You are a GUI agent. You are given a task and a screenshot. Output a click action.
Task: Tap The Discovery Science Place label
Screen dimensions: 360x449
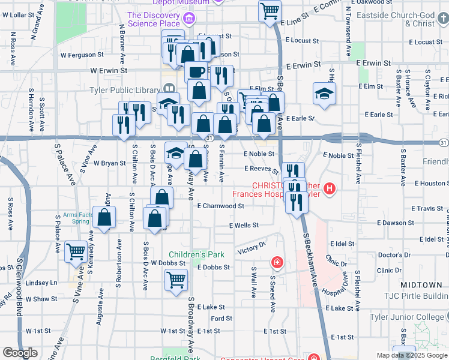click(154, 19)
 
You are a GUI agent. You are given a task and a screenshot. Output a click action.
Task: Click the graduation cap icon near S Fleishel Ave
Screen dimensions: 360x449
click(324, 94)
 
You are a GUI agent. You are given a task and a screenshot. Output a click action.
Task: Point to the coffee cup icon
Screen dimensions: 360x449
click(195, 71)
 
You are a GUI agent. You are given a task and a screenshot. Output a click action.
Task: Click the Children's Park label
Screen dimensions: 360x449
click(196, 254)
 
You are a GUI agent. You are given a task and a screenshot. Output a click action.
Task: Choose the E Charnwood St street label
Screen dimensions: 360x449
click(220, 206)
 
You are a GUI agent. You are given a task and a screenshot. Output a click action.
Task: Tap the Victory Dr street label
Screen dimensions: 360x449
click(252, 247)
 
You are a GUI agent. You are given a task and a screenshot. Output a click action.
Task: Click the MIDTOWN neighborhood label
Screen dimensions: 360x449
click(425, 284)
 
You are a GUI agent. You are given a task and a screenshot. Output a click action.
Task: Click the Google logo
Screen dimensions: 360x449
click(20, 353)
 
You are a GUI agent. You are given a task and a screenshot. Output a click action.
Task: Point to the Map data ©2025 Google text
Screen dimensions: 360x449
click(411, 355)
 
